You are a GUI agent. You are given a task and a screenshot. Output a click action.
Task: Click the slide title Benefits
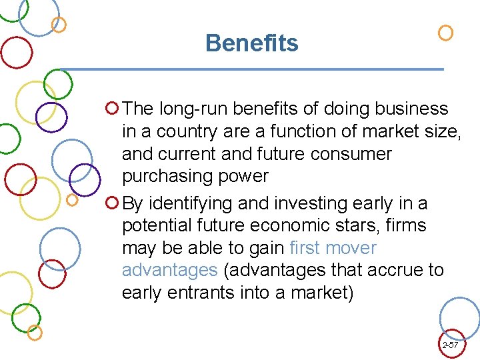tap(252, 43)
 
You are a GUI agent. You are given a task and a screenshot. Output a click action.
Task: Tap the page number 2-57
tap(450, 345)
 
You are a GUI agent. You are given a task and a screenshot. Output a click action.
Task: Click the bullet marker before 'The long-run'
tap(112, 107)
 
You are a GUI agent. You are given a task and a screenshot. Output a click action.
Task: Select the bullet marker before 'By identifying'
tap(112, 202)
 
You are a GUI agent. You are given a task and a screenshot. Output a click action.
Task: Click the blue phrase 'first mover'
tap(333, 248)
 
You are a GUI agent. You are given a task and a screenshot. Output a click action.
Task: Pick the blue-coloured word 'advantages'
tap(170, 270)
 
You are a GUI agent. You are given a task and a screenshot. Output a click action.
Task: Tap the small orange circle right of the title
tap(445, 33)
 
